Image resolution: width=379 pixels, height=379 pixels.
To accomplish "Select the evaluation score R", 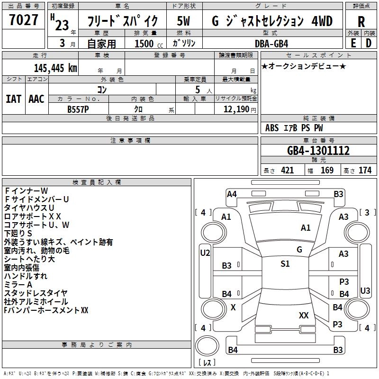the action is click(x=361, y=21).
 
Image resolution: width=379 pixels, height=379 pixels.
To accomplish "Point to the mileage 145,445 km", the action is click(x=55, y=68).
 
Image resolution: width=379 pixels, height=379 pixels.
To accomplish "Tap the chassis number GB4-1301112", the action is click(x=318, y=151).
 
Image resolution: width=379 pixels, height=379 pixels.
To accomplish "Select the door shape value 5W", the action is click(x=184, y=21).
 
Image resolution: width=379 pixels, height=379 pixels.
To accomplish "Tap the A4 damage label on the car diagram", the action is click(x=232, y=194).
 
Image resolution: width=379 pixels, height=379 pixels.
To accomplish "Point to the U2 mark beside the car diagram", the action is click(x=205, y=253).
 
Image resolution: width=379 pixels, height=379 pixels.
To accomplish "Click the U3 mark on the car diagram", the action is click(x=365, y=290).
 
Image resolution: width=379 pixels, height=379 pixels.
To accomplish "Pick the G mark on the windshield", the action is click(x=299, y=249).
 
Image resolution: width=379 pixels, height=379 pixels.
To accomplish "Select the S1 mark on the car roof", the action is click(x=285, y=264).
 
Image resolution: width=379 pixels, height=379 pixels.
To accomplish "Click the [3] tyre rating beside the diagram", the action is click(x=367, y=212).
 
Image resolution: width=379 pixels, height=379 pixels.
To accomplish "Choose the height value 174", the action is click(x=365, y=171).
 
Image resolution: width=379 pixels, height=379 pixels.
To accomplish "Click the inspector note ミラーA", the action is click(x=18, y=284).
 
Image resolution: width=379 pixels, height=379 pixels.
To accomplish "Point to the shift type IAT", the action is click(x=14, y=99).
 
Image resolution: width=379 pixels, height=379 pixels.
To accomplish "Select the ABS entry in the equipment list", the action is click(x=272, y=128).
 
